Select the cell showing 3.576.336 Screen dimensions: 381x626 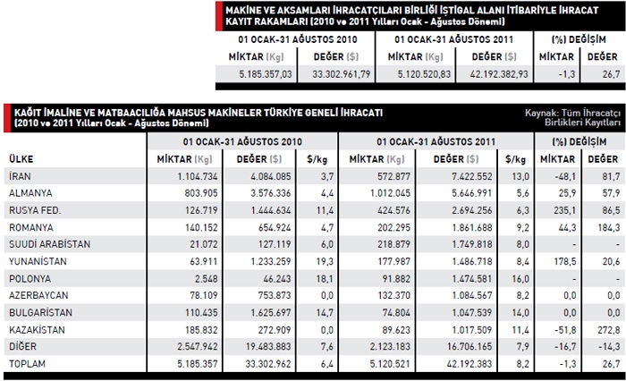267,192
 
